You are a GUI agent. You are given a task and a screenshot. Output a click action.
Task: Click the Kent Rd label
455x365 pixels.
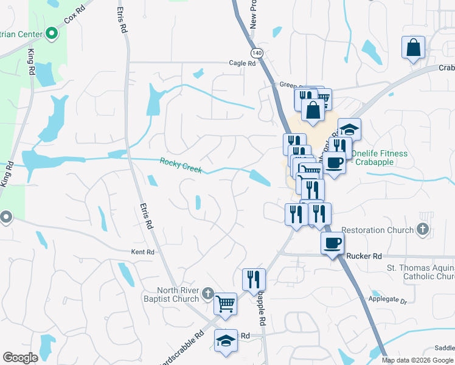pos(143,252)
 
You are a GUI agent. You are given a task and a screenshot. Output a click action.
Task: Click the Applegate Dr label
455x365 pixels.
pos(387,300)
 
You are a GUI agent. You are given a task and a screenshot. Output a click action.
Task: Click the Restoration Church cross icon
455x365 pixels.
pos(423,230)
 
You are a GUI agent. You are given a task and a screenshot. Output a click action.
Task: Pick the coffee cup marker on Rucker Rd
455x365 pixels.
pos(332,243)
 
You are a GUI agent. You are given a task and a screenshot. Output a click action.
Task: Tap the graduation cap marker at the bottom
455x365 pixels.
pos(226,341)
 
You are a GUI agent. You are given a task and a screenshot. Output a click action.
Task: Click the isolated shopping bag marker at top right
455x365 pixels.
pos(413,47)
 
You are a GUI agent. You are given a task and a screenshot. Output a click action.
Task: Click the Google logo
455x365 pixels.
pos(20,358)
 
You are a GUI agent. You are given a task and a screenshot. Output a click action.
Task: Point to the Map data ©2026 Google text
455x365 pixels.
pos(417,360)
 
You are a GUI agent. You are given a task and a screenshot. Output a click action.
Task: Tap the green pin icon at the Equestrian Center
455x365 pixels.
pos(52,32)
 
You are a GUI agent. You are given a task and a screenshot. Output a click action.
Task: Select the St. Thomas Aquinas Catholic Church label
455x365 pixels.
pos(420,272)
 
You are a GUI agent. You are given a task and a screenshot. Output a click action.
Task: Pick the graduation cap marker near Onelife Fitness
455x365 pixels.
pos(349,128)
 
